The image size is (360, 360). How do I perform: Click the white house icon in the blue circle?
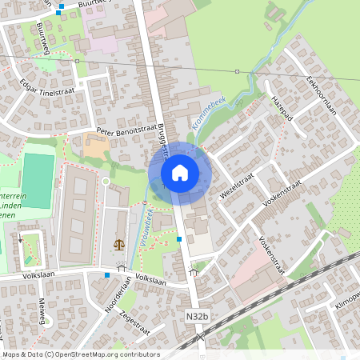[180, 173]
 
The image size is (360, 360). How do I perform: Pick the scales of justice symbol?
[119, 245]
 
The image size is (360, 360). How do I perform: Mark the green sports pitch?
[37, 180]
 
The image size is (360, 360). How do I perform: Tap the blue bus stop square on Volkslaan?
[106, 275]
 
